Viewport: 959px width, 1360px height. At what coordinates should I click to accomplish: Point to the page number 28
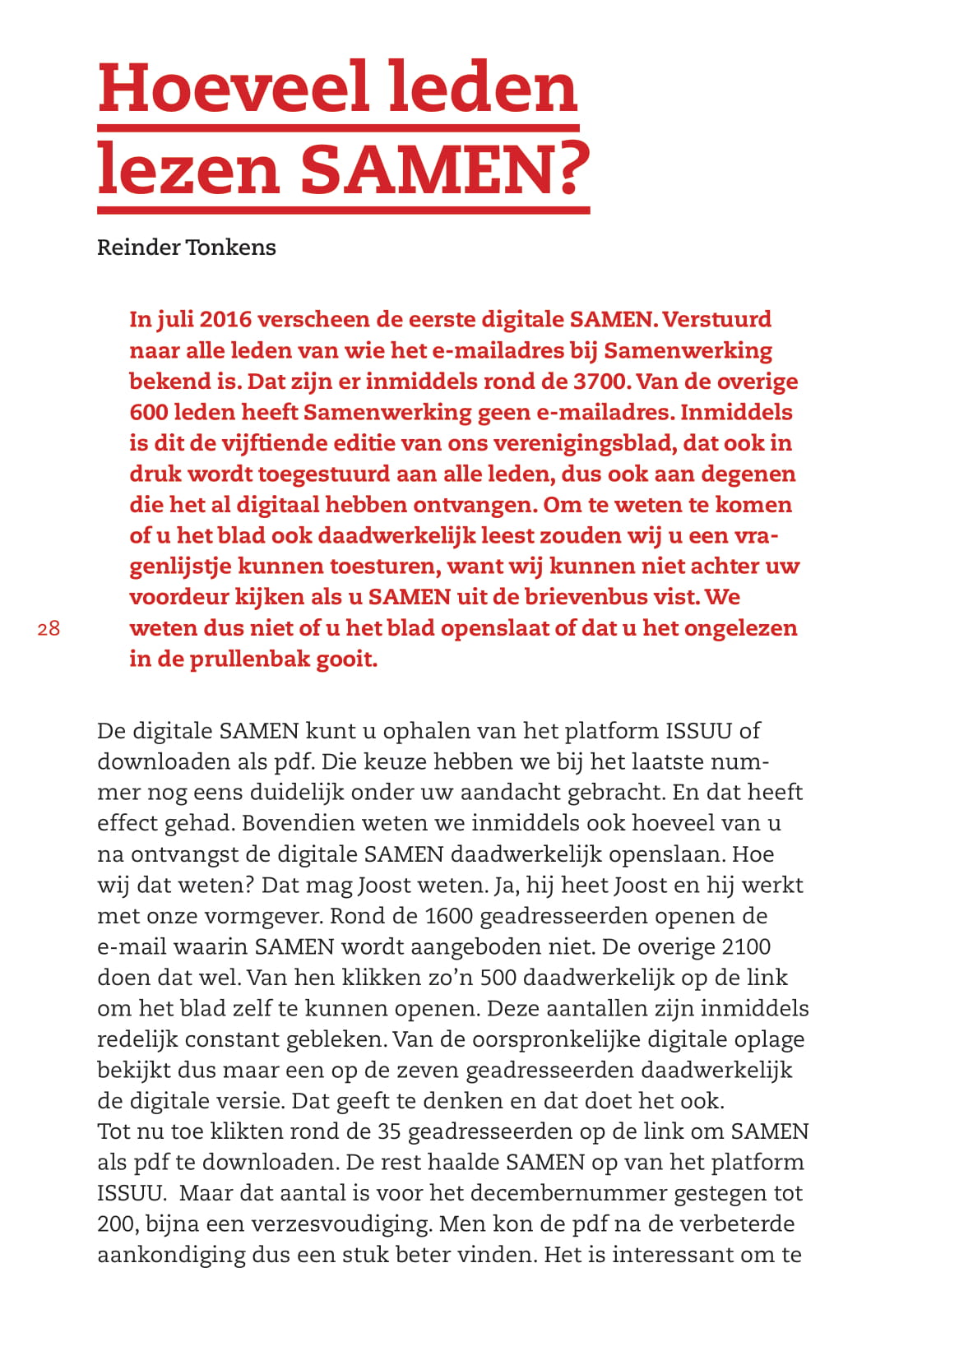coord(49,629)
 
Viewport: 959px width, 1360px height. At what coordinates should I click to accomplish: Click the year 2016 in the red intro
coord(228,319)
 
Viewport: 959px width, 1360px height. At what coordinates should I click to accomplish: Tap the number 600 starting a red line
coord(149,412)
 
